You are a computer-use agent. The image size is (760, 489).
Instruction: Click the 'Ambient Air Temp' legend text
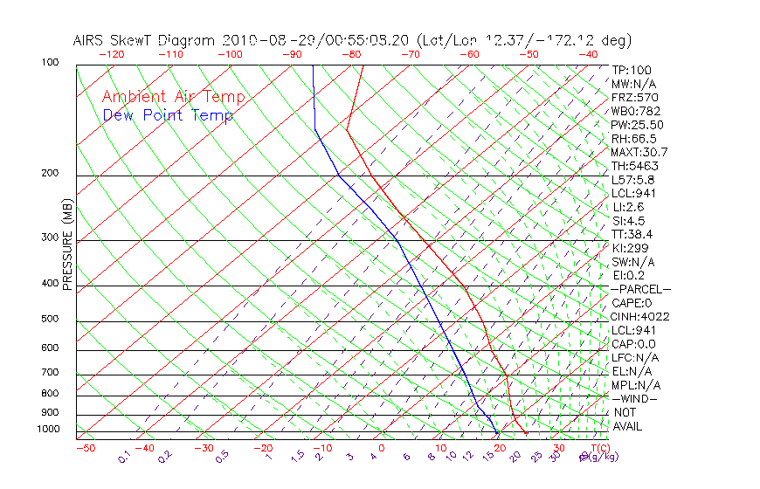(x=174, y=97)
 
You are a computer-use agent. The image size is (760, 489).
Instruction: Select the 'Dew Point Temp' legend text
(x=168, y=115)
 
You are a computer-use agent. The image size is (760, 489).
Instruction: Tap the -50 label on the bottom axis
(x=85, y=448)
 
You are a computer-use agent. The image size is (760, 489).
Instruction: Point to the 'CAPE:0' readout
(x=632, y=303)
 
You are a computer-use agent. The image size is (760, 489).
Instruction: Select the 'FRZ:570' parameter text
(x=635, y=97)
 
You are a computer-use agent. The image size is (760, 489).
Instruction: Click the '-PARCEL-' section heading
(x=641, y=289)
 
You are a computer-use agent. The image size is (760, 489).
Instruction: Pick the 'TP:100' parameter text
(x=632, y=70)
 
